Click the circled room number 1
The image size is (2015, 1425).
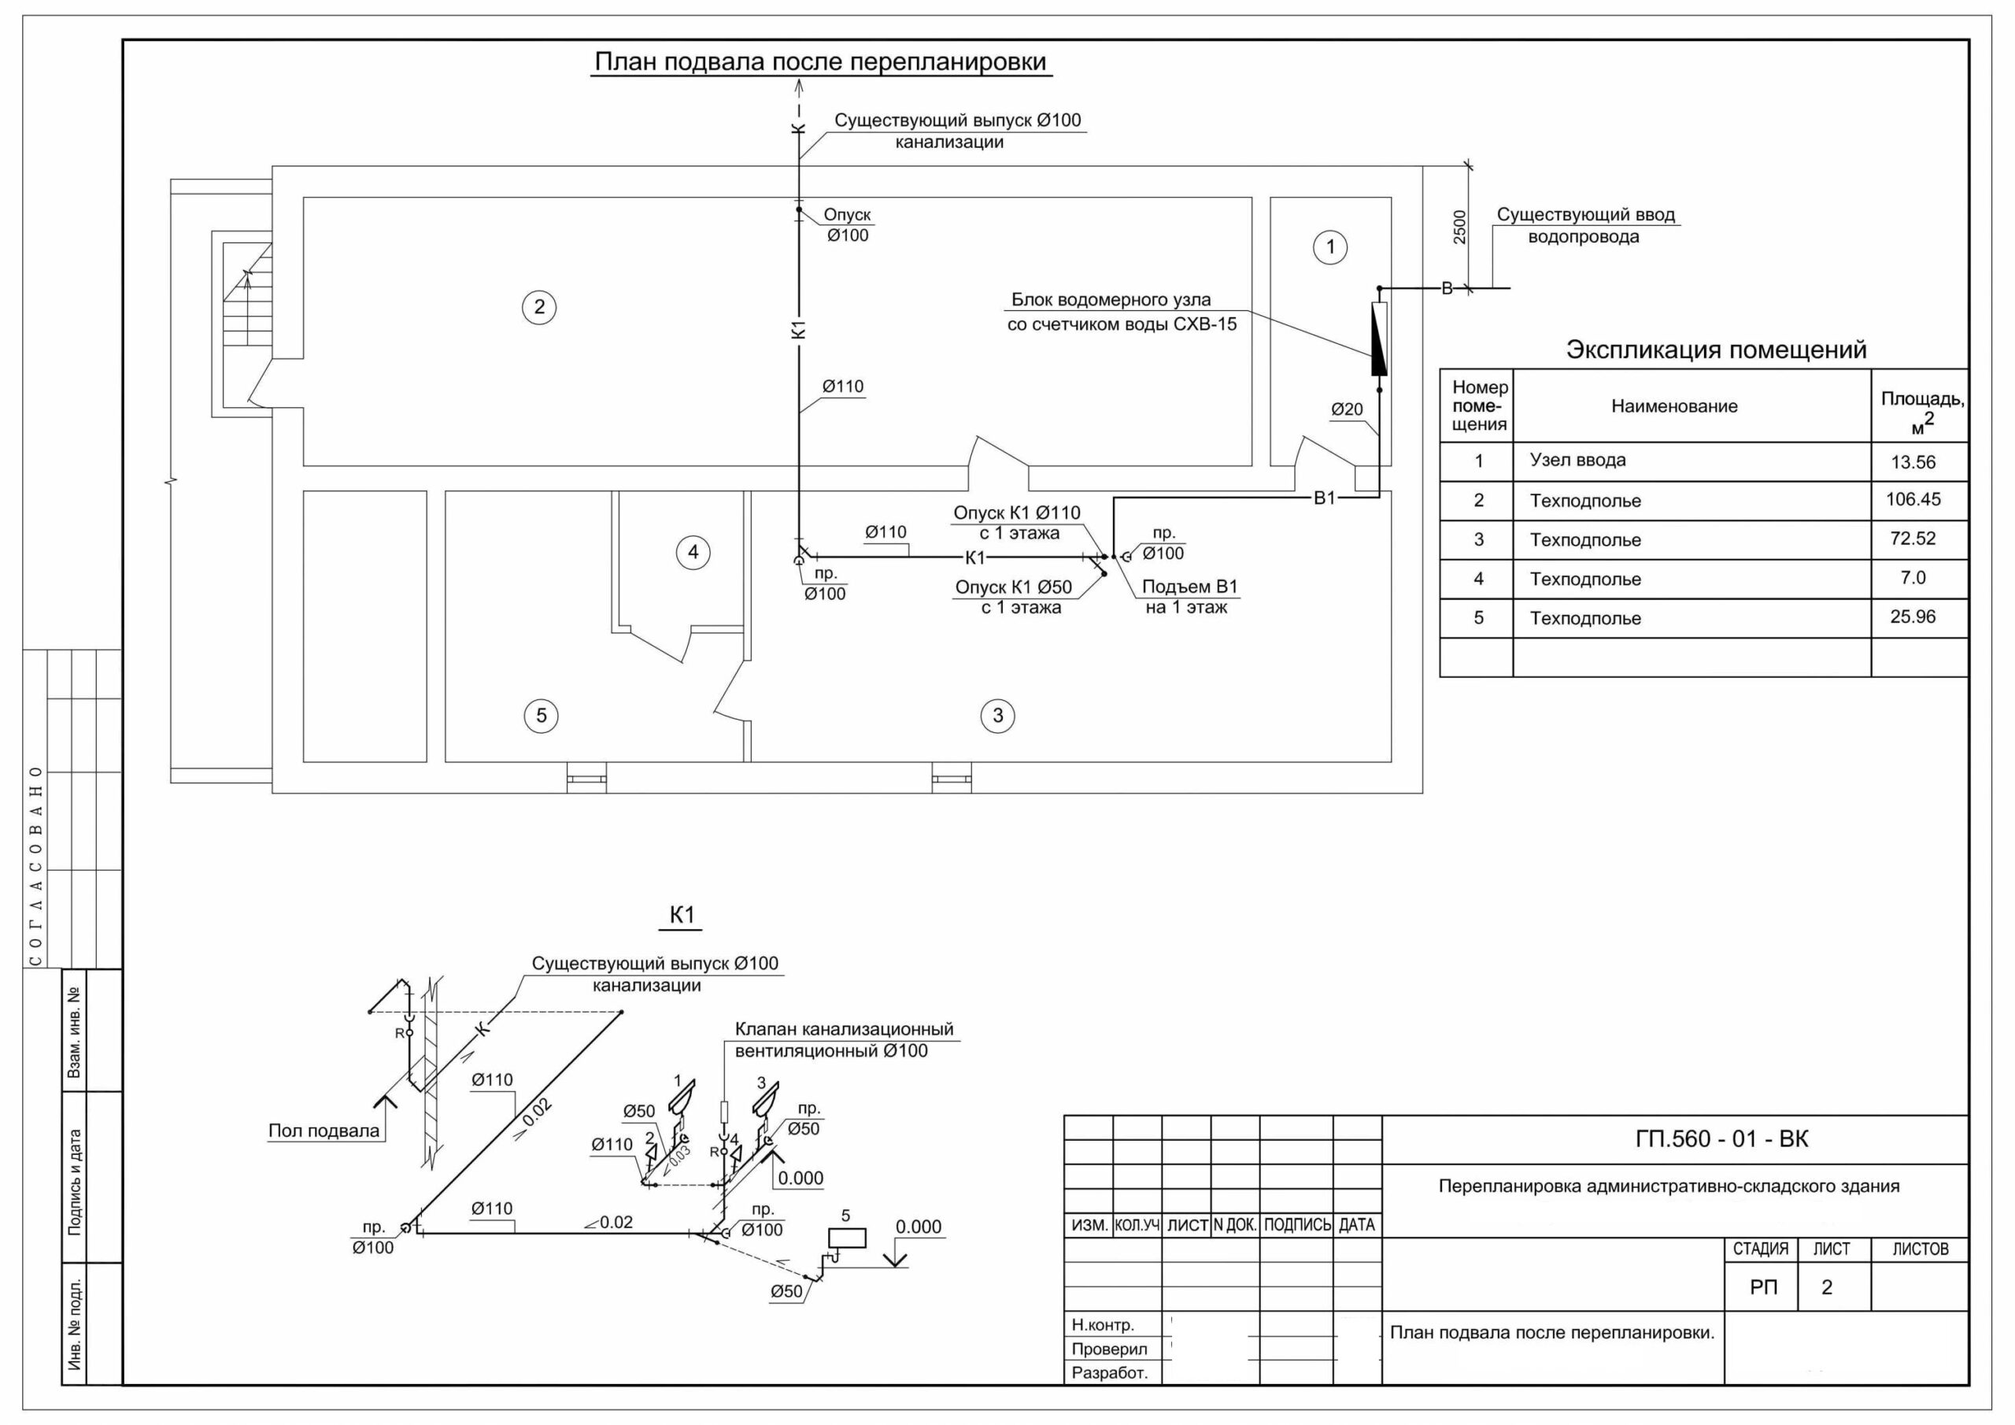[1330, 247]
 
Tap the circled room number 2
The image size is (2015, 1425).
[539, 307]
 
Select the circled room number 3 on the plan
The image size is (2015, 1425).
[997, 716]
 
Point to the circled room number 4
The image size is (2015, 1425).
[693, 552]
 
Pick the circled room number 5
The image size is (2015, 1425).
[541, 716]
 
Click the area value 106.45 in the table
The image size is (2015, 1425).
[1913, 500]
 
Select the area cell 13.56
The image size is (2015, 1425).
[1913, 463]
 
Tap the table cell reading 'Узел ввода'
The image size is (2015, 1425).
[1578, 460]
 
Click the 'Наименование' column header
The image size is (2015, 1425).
[1674, 406]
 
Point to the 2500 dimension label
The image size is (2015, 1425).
[1459, 227]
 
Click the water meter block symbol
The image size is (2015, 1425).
[1379, 339]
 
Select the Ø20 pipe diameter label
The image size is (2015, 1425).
[1347, 409]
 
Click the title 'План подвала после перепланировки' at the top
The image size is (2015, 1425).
[821, 62]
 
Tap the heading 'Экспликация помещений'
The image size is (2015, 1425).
[1717, 350]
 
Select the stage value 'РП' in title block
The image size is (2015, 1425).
[1764, 1288]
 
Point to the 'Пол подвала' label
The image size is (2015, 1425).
[324, 1131]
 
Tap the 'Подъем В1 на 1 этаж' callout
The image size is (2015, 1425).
[1189, 597]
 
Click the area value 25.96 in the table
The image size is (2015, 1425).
[1913, 617]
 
